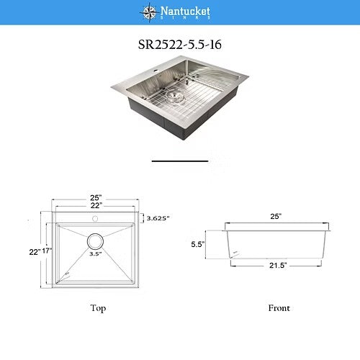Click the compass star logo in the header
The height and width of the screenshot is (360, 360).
(x=149, y=11)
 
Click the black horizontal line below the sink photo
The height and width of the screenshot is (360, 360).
(x=180, y=160)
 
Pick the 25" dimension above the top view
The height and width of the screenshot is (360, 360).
(x=96, y=198)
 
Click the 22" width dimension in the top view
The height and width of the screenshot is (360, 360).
(x=96, y=207)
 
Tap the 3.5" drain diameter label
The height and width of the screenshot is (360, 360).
(x=95, y=253)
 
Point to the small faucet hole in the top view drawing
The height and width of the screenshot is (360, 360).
(x=96, y=217)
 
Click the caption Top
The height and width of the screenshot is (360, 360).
(x=99, y=308)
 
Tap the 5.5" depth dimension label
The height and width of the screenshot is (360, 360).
(x=199, y=245)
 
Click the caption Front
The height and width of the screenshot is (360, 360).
(x=279, y=308)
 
